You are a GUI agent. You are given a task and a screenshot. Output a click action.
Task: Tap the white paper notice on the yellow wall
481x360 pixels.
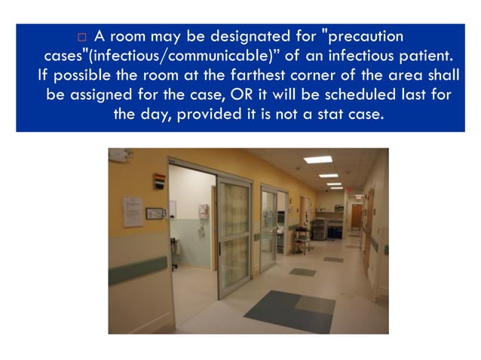[x=133, y=212]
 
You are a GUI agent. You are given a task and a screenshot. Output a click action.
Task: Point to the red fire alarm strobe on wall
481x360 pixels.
[x=159, y=182]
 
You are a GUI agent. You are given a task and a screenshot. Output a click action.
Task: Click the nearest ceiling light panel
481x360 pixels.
[x=317, y=160]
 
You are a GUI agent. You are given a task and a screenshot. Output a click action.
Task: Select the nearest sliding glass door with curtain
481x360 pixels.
[x=234, y=225]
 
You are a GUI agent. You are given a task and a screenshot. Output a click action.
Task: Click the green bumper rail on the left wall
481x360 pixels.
[x=136, y=268]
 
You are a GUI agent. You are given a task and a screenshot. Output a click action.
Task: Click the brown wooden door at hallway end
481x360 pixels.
[x=356, y=216]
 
